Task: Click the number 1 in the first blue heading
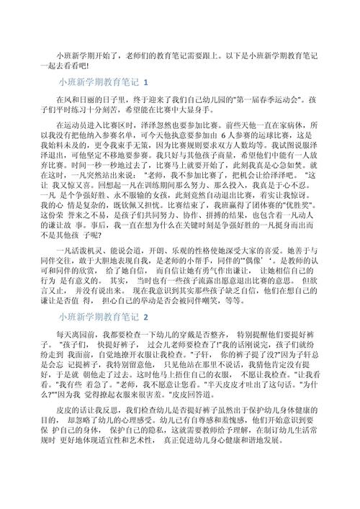146,82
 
